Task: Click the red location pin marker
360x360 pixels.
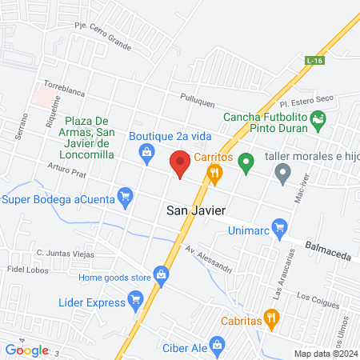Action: click(180, 164)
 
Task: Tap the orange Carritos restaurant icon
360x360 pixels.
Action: click(214, 172)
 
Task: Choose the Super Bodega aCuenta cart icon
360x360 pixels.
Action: click(124, 196)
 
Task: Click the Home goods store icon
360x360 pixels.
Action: click(161, 277)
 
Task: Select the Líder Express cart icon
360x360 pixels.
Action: click(135, 302)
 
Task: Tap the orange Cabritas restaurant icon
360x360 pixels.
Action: click(271, 318)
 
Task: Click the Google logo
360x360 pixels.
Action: click(26, 350)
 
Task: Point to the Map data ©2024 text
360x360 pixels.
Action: click(325, 353)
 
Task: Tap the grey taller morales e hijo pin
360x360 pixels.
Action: click(282, 172)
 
